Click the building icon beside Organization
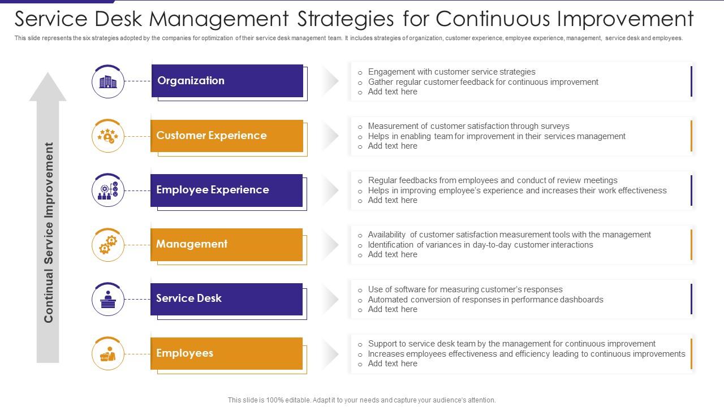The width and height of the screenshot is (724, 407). coord(108,82)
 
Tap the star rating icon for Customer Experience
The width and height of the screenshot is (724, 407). coord(108,136)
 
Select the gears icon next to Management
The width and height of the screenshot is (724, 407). coord(108,245)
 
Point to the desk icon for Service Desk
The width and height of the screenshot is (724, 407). coord(108,300)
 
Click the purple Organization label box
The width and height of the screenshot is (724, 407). coord(227,81)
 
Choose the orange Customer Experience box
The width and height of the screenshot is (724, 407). coord(226,136)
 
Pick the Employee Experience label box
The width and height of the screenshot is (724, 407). coord(226,190)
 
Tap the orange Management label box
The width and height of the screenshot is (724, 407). coord(226,244)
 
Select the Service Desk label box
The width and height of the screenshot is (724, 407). coord(226,298)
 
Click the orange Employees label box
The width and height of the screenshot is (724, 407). coord(226,353)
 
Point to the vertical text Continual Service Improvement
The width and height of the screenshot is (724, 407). coord(49,232)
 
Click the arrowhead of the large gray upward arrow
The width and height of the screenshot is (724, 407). coord(48,88)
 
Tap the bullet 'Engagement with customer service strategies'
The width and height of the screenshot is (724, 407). coord(451,72)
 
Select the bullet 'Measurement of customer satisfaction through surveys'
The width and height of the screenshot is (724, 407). coord(468,126)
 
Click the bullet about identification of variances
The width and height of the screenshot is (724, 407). coord(480,245)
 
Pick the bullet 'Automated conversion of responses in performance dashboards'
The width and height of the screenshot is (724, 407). coord(485,300)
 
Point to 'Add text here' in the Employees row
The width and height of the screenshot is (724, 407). coord(393,363)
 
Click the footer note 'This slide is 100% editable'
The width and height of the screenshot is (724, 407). coord(361,400)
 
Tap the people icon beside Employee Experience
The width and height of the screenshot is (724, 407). coord(108,190)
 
